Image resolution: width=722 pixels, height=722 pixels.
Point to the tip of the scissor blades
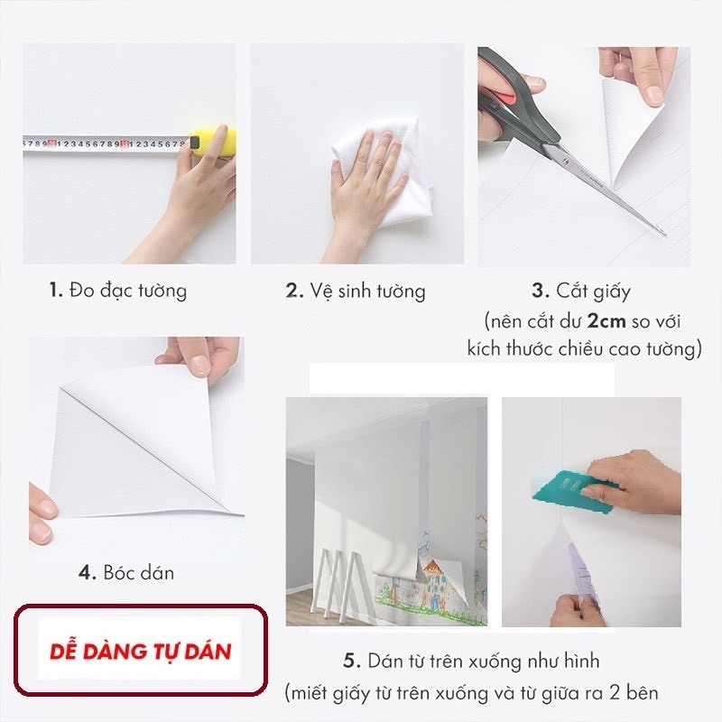[664, 234]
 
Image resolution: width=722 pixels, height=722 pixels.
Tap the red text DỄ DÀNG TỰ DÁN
[140, 652]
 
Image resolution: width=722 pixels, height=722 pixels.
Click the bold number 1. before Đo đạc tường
[56, 291]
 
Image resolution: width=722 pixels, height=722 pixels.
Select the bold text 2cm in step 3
[606, 321]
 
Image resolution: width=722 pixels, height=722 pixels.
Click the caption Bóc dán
[139, 573]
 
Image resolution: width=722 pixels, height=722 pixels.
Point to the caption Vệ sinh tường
[367, 292]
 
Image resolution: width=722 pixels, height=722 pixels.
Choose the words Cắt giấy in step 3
[593, 292]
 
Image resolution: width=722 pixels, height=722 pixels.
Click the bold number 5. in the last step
[352, 662]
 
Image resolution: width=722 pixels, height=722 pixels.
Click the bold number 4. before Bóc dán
[88, 573]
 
